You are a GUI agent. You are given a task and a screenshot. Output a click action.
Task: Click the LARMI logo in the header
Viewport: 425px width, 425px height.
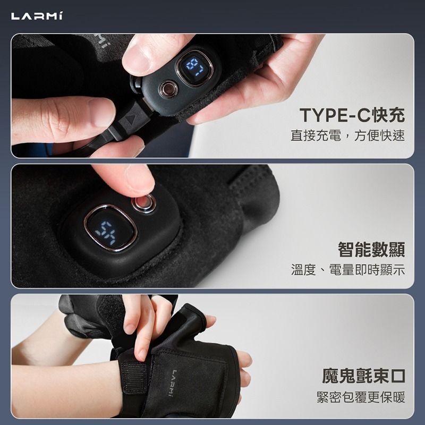(x=37, y=16)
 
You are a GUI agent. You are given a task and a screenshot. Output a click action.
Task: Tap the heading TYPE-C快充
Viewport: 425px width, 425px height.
(x=352, y=115)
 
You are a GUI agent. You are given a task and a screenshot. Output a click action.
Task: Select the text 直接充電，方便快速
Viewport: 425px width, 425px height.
(x=347, y=136)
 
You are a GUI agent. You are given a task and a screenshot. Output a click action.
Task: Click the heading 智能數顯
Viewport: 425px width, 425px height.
(x=371, y=249)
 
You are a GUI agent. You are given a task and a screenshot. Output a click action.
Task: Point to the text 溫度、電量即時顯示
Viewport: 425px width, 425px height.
(x=348, y=270)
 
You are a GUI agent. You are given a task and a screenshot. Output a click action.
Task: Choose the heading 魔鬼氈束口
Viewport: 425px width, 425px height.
(x=364, y=377)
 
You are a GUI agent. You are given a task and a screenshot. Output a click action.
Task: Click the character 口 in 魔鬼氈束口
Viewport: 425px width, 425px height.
(x=398, y=377)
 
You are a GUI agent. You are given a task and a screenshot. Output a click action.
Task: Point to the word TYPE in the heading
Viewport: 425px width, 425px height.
(x=324, y=115)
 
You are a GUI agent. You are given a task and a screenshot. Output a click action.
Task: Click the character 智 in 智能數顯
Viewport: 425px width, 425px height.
(x=346, y=249)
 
